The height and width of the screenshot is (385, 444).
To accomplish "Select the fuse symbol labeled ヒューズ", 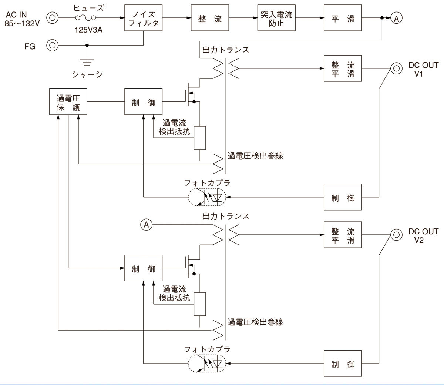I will [x=85, y=18].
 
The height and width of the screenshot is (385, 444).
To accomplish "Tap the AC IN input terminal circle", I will [x=52, y=17].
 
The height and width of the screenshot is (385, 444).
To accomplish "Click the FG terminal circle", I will [x=52, y=46].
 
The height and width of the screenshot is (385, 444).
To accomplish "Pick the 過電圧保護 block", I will [x=68, y=102].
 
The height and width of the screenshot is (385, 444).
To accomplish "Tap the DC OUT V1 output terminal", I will [x=396, y=68].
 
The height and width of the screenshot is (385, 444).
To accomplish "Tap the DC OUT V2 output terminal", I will [x=396, y=234].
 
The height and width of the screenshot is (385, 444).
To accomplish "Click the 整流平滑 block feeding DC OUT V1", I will [x=343, y=68].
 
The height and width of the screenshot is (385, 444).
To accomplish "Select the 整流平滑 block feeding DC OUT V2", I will [x=343, y=235].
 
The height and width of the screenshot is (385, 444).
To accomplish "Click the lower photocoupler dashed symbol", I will [x=208, y=364].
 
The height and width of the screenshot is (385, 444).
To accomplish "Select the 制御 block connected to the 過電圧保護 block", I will [x=144, y=102].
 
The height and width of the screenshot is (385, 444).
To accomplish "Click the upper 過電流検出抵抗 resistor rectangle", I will [x=200, y=138].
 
